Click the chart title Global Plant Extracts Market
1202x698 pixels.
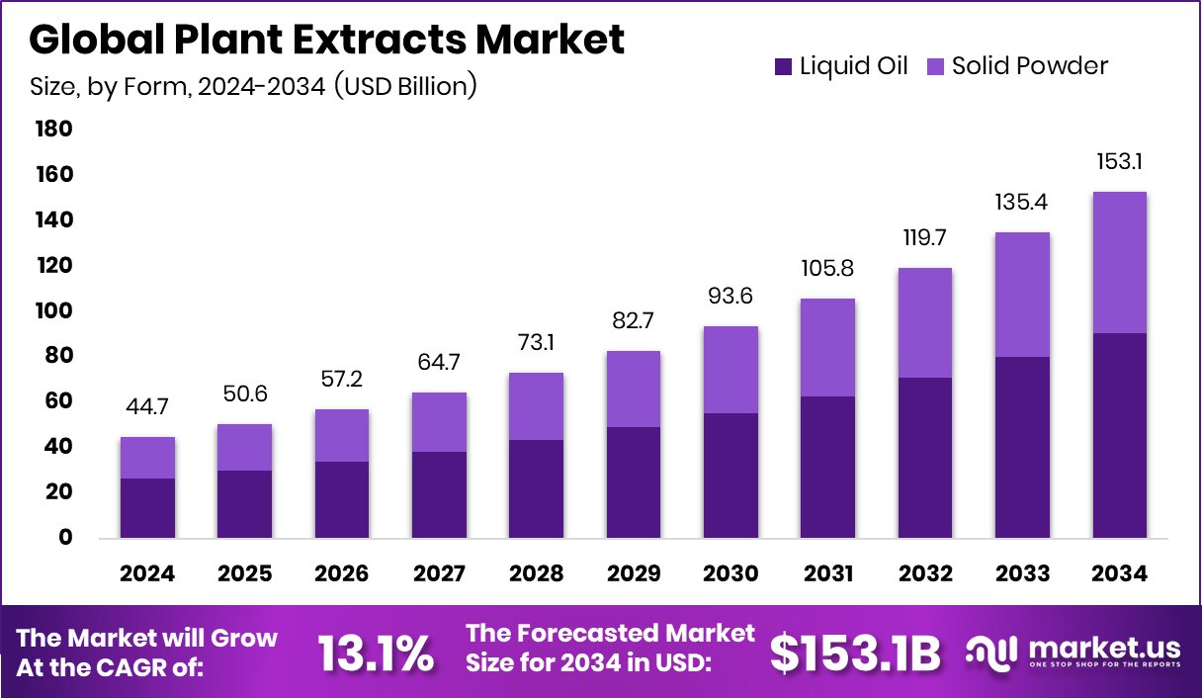(x=327, y=40)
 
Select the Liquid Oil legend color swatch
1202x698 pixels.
(x=783, y=66)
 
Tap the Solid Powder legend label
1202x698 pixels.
(x=1029, y=66)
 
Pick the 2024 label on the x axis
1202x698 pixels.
(x=147, y=574)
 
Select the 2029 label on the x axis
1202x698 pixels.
(x=634, y=574)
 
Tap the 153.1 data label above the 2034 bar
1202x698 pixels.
(x=1120, y=162)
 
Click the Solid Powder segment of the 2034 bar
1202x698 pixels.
(x=1120, y=262)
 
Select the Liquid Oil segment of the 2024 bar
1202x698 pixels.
(x=147, y=508)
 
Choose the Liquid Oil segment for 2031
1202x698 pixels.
(x=828, y=467)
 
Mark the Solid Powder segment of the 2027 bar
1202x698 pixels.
(x=439, y=422)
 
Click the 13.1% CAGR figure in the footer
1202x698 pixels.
(x=375, y=654)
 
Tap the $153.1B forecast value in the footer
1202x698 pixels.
(x=855, y=654)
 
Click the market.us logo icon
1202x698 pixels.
(x=991, y=652)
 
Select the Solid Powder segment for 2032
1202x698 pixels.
(x=925, y=322)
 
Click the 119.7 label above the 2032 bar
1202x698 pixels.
(x=925, y=238)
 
